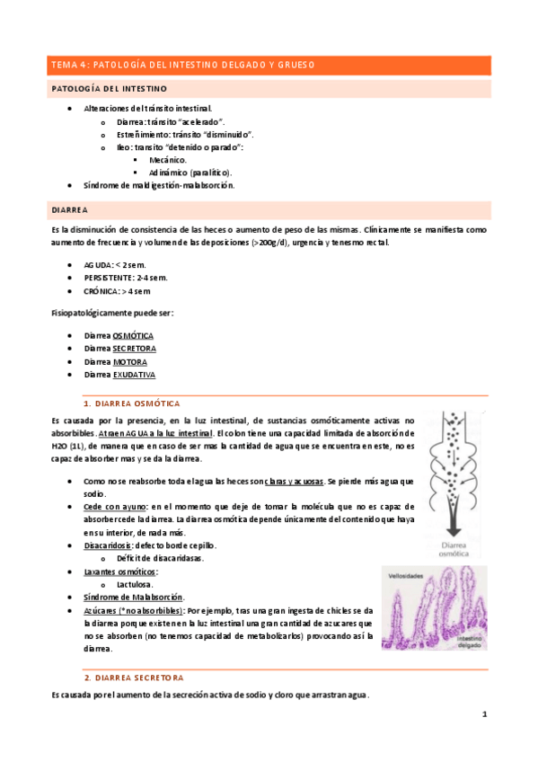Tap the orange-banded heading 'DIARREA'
pos(69,209)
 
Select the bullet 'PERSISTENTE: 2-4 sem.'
pos(126,278)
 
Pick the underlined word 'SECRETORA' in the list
pos(135,348)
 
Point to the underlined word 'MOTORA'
pos(129,361)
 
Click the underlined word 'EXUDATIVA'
pos(135,374)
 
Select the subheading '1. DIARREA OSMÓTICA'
pos(131,404)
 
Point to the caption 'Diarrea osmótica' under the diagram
pos(453,551)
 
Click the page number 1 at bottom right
pos(484,714)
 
